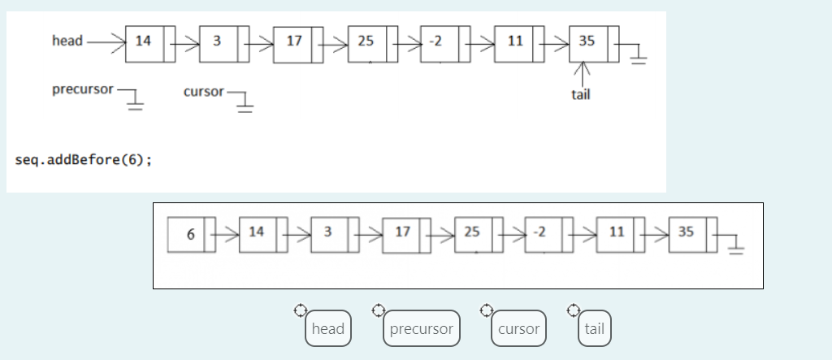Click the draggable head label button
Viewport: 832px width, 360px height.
(x=328, y=329)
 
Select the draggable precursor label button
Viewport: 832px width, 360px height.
(x=421, y=329)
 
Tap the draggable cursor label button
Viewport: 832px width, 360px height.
(x=518, y=329)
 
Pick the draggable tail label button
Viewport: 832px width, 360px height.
(x=594, y=329)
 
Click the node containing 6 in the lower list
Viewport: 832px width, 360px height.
(x=191, y=234)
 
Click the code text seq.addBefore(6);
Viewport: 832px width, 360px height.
(x=83, y=159)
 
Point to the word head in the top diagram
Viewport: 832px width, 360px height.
(x=67, y=41)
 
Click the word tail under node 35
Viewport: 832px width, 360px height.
(x=581, y=94)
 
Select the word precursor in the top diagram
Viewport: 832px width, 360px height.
(x=83, y=89)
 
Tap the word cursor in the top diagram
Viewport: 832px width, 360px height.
(x=203, y=92)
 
